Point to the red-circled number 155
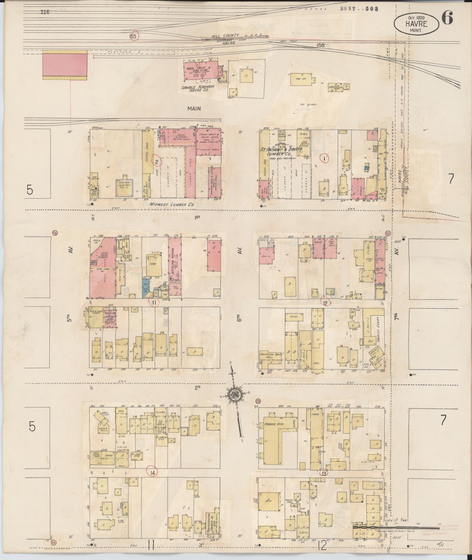click(133, 36)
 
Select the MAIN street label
click(194, 108)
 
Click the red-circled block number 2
click(157, 161)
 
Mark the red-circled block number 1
click(324, 158)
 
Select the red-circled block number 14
click(152, 472)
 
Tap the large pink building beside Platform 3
click(65, 65)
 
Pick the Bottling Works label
click(172, 262)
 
